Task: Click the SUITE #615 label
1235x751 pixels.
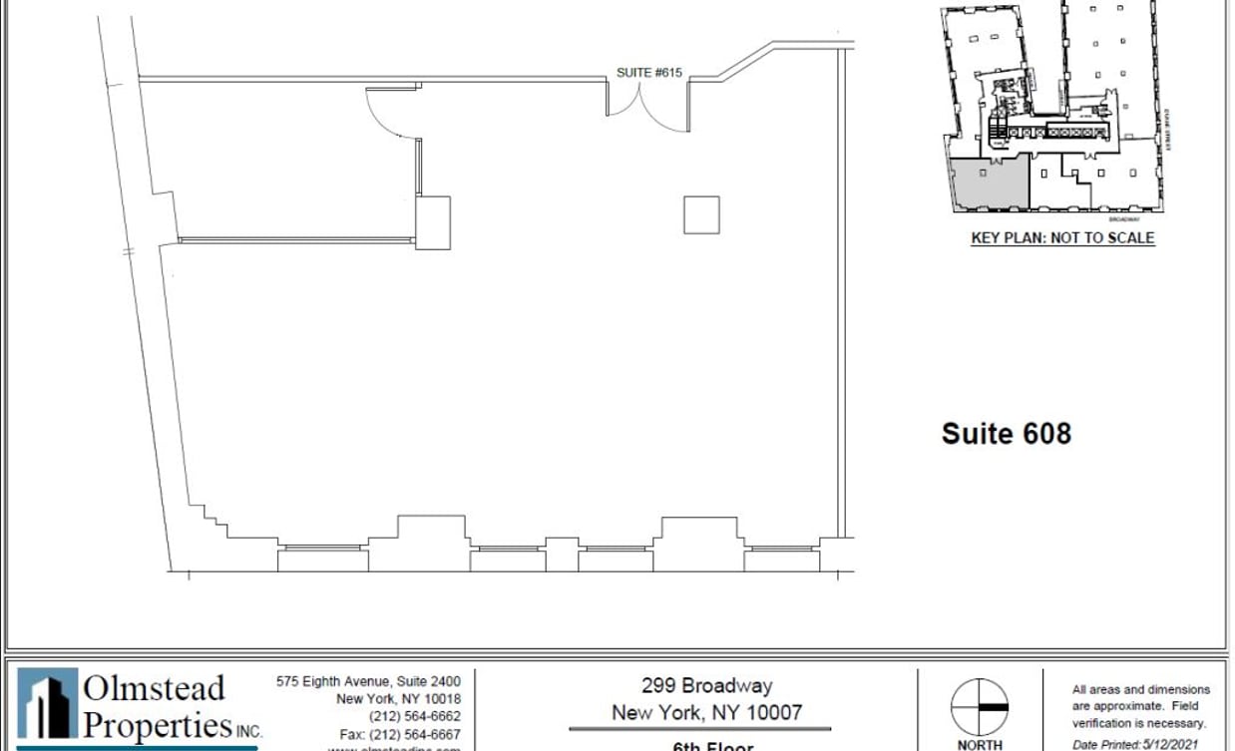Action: click(648, 73)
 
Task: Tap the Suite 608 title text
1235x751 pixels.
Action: click(1006, 433)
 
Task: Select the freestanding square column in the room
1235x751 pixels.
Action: click(701, 215)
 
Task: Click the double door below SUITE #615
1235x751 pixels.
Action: click(647, 106)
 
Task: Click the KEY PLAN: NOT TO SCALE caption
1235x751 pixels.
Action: click(1062, 238)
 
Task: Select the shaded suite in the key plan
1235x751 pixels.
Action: click(988, 183)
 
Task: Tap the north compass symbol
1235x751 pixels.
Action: click(979, 707)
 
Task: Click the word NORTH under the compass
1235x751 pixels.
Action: click(979, 744)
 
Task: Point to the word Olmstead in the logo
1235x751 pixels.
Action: click(154, 689)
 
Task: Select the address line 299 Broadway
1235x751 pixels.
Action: click(706, 686)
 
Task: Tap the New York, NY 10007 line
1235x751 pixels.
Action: click(706, 712)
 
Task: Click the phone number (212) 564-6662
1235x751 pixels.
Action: click(414, 716)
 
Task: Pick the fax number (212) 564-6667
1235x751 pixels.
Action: click(400, 734)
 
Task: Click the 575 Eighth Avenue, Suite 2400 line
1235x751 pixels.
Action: click(368, 681)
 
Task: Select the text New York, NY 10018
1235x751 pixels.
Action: click(398, 699)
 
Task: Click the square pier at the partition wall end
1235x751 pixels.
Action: click(433, 222)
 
